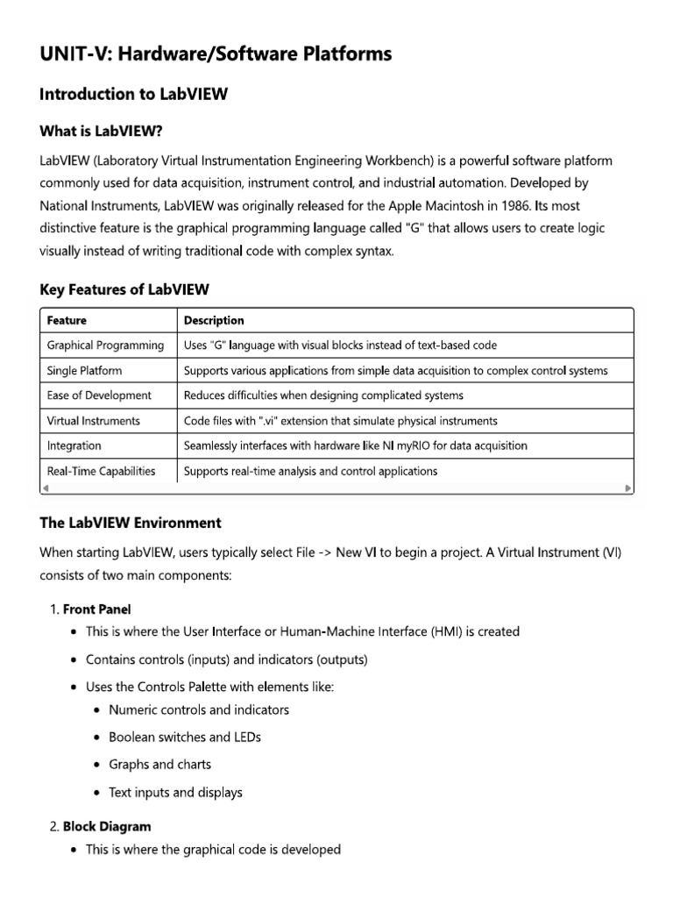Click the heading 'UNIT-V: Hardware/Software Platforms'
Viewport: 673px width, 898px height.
point(216,54)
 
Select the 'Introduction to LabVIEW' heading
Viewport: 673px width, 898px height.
point(134,95)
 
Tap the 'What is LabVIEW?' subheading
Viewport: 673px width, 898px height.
point(102,132)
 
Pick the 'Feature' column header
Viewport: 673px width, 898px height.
point(67,320)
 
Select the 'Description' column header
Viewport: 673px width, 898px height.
point(214,320)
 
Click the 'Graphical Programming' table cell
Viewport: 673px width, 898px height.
point(105,346)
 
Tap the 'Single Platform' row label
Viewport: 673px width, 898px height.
point(84,371)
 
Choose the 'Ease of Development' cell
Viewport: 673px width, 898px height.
point(99,396)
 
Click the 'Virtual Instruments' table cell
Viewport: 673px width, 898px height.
point(93,421)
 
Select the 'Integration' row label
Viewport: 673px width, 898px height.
point(74,445)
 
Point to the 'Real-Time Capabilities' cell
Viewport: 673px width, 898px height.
point(101,471)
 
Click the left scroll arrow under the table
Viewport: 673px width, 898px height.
point(46,488)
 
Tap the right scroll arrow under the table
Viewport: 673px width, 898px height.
point(627,488)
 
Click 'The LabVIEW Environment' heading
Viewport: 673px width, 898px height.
point(131,523)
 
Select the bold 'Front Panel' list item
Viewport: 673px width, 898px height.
point(97,609)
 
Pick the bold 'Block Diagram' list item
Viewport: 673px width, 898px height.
point(107,826)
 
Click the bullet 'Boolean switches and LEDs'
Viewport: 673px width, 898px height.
point(185,737)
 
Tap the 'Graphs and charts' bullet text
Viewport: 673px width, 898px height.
point(159,765)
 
